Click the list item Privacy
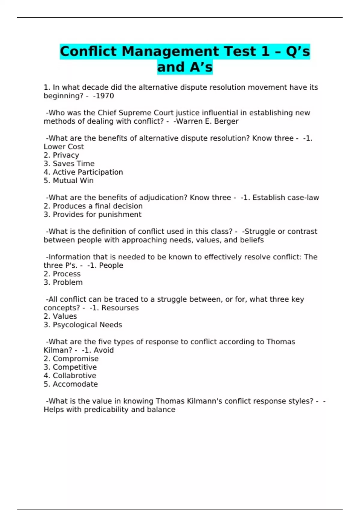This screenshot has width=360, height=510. pyautogui.click(x=66, y=155)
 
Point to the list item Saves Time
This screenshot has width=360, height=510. pyautogui.click(x=73, y=164)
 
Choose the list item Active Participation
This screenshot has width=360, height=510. pyautogui.click(x=88, y=172)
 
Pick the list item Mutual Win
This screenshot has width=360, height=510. pyautogui.click(x=73, y=181)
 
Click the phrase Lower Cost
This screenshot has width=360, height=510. pyautogui.click(x=64, y=147)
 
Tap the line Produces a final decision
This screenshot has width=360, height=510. pyautogui.click(x=97, y=206)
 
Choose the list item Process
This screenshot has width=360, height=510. pyautogui.click(x=66, y=274)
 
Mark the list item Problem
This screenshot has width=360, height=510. pyautogui.click(x=67, y=282)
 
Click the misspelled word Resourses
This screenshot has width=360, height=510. pyautogui.click(x=120, y=308)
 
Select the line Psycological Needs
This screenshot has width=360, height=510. pyautogui.click(x=87, y=325)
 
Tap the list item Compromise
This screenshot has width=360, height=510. pyautogui.click(x=75, y=359)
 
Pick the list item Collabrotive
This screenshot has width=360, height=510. pyautogui.click(x=74, y=376)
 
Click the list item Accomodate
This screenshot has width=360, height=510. pyautogui.click(x=75, y=384)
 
